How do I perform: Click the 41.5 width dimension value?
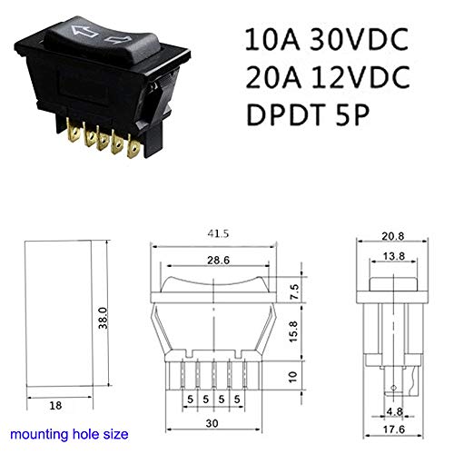218,233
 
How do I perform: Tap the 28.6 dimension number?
218,260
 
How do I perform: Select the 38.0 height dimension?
104,318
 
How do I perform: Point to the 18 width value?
55,406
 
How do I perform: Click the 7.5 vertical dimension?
294,291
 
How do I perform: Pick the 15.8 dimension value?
293,331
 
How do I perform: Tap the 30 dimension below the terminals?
212,423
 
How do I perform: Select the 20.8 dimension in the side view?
392,236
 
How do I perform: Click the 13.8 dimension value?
394,256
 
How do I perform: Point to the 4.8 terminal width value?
395,411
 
